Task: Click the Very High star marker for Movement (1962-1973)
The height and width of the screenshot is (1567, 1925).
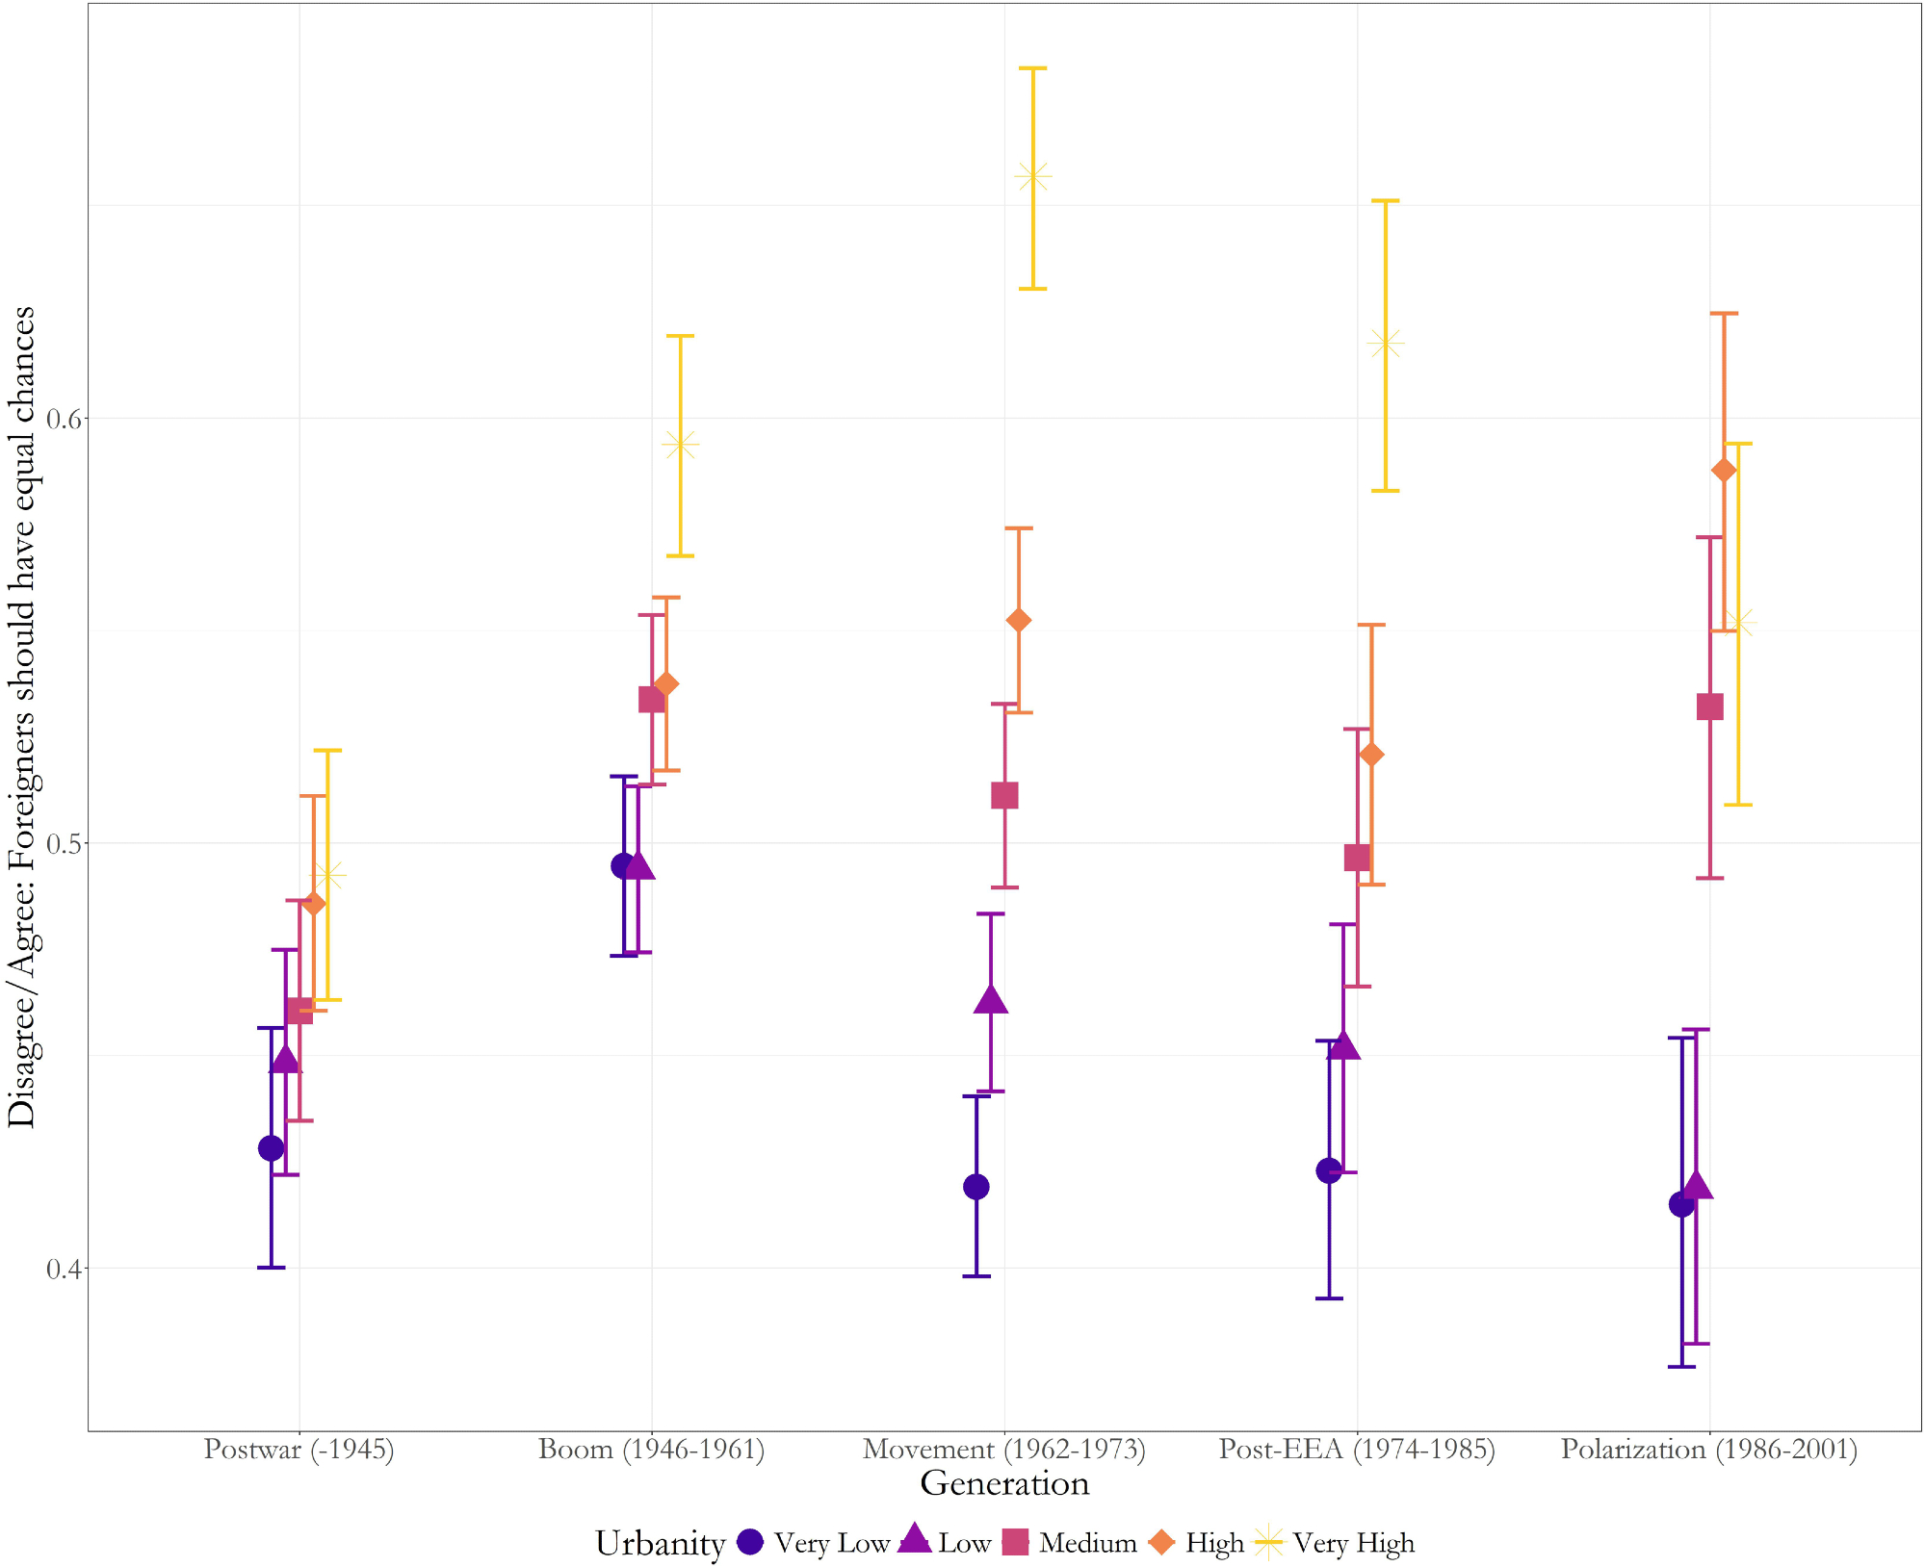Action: (1032, 177)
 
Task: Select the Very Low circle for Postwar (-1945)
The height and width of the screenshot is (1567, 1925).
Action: (272, 1148)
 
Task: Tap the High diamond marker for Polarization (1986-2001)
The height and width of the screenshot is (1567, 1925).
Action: (1724, 470)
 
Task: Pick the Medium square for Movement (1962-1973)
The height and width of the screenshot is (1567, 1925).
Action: (1004, 796)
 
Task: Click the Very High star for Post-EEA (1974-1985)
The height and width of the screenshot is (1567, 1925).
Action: (1386, 343)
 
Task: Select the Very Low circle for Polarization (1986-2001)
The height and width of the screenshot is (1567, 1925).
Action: (1681, 1204)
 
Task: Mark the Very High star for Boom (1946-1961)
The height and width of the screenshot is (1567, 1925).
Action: (680, 445)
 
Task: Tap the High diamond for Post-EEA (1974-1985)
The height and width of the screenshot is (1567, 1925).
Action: (1371, 755)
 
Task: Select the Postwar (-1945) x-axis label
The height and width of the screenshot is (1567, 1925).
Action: (299, 1450)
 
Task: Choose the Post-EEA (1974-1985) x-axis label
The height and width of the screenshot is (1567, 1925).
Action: (1357, 1450)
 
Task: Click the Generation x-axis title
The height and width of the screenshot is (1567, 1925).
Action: (1004, 1483)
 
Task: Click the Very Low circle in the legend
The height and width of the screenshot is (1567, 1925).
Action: (750, 1542)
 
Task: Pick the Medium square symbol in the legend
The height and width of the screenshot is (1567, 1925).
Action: (1016, 1542)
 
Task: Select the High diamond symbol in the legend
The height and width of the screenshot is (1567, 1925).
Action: (1162, 1542)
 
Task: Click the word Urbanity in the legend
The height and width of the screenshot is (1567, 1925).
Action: (660, 1543)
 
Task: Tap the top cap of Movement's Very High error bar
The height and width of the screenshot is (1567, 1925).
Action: (1032, 68)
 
